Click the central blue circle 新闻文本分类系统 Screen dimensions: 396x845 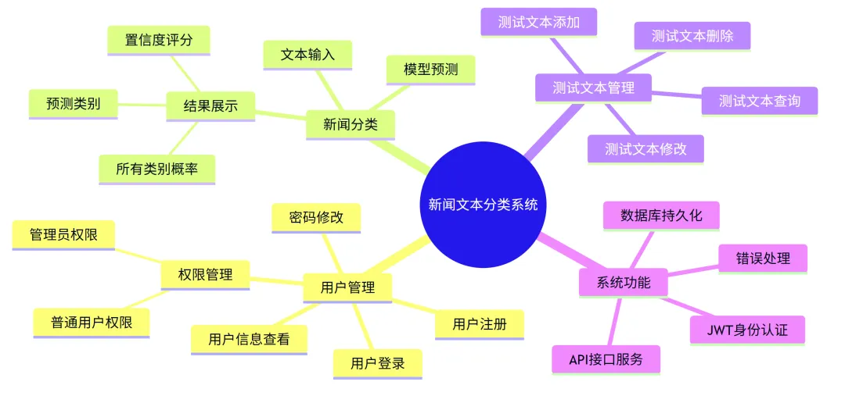[483, 205]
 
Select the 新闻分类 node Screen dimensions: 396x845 [348, 124]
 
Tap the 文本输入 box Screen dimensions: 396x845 [307, 55]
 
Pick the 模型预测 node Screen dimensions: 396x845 [431, 70]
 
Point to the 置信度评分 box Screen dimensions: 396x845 [159, 41]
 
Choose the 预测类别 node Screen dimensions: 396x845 [73, 103]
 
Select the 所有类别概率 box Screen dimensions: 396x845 [156, 168]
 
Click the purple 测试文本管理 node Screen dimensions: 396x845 [593, 87]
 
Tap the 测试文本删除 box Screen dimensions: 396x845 [692, 36]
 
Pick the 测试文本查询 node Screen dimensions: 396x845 [759, 101]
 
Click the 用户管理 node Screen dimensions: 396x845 [347, 287]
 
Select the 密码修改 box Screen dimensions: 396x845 [316, 217]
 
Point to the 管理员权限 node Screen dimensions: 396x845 [63, 234]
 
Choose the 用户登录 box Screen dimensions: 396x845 [377, 363]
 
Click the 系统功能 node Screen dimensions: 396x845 [624, 282]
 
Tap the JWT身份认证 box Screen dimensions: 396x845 [747, 330]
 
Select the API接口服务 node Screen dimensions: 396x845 [606, 359]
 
